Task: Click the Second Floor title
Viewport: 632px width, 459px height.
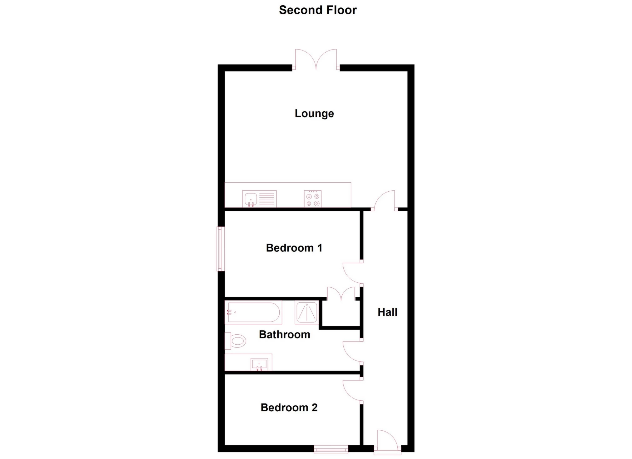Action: coord(318,10)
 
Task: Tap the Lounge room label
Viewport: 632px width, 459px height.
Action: coord(314,113)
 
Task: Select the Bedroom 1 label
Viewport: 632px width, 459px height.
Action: coord(294,248)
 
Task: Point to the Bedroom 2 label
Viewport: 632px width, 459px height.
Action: coord(289,407)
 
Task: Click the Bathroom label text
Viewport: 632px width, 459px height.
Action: coord(285,334)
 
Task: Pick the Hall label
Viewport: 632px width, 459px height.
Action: coord(387,312)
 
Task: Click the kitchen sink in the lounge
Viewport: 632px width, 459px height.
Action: coord(259,199)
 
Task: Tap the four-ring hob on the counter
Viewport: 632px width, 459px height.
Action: coord(313,199)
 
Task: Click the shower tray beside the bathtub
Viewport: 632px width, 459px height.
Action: coord(307,312)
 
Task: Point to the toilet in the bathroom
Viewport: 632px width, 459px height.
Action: coord(235,341)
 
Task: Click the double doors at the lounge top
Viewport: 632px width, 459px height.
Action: coord(316,59)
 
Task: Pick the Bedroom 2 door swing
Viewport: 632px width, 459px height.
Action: coord(353,390)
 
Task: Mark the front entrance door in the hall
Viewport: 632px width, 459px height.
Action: coord(387,442)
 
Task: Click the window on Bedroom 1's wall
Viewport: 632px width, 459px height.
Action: coord(221,249)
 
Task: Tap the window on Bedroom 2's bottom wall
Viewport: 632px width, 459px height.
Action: coord(331,449)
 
